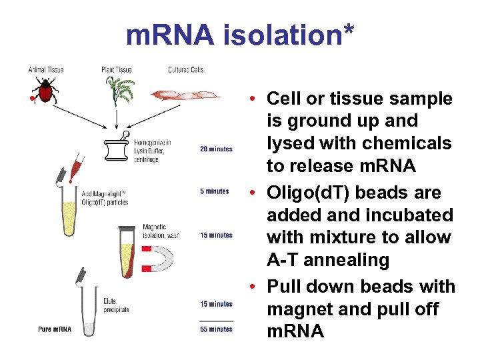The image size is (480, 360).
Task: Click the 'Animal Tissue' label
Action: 46,69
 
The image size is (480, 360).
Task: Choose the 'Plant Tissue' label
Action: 117,69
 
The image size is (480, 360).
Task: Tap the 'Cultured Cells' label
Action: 186,69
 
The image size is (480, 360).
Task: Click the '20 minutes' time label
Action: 216,149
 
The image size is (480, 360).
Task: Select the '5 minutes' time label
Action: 215,191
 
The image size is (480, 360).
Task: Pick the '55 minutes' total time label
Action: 216,329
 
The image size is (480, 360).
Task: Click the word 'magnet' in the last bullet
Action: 298,309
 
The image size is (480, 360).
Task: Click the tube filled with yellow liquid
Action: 68,212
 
